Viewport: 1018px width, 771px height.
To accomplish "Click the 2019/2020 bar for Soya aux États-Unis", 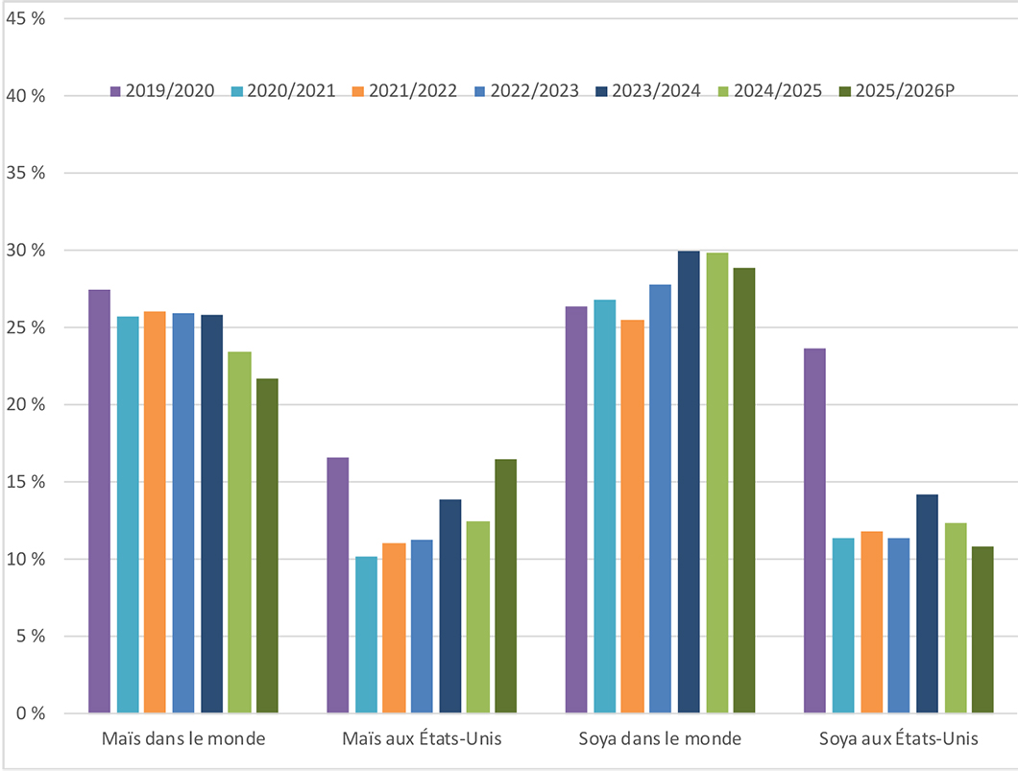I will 814,531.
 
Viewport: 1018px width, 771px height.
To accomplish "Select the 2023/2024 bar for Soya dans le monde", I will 689,482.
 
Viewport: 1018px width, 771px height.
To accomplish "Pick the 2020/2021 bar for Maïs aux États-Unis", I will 366,635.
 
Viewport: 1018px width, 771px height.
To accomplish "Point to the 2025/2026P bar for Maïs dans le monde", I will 267,545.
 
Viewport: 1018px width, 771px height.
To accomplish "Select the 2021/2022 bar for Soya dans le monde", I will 633,517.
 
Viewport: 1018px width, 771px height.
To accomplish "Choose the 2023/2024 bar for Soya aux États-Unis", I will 927,604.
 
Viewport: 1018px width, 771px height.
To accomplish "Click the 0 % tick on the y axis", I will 29,713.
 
